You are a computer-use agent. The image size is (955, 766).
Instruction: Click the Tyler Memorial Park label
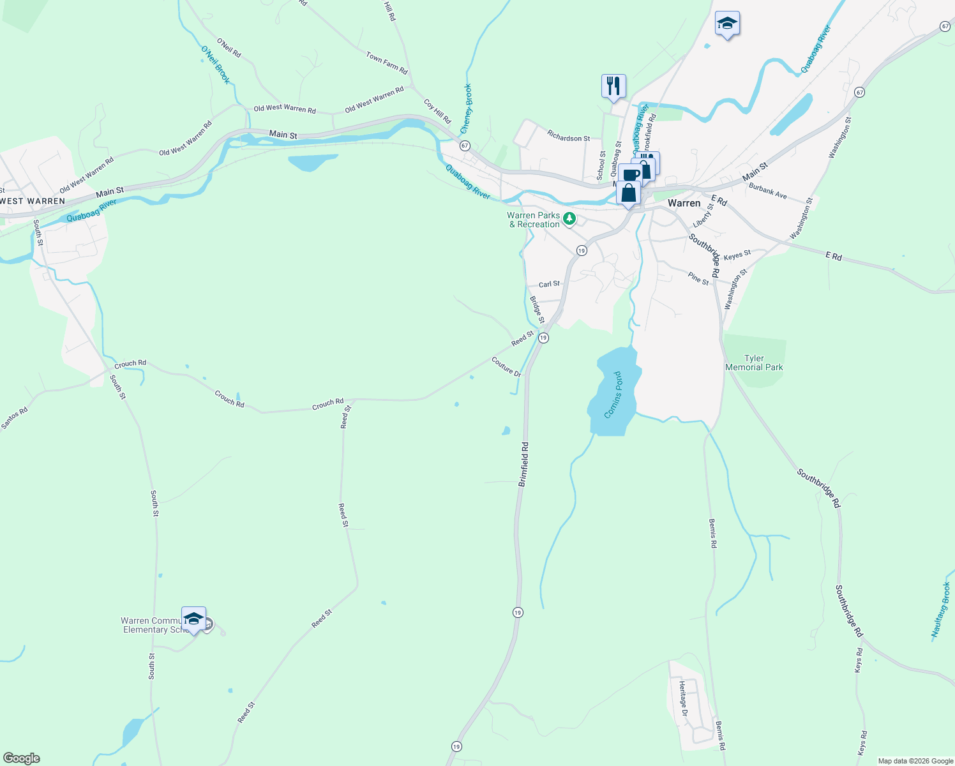pos(754,363)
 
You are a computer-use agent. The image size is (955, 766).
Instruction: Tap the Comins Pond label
pos(613,395)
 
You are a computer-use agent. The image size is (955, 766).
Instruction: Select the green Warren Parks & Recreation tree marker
pos(569,220)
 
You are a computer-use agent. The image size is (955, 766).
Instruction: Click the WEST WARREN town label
pos(33,201)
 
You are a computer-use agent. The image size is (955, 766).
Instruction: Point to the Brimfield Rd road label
pos(524,464)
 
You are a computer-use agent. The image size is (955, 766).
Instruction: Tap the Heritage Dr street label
pos(683,698)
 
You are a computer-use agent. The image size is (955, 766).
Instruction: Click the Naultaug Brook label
pos(941,610)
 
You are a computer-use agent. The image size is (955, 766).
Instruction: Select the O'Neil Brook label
pos(215,64)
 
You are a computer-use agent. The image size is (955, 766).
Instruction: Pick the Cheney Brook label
pos(467,109)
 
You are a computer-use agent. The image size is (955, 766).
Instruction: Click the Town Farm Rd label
pos(387,63)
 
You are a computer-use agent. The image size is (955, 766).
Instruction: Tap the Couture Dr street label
pos(506,366)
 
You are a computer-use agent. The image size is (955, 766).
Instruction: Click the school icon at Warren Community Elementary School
pos(193,618)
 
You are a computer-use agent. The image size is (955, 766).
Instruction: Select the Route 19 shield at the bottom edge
pos(456,746)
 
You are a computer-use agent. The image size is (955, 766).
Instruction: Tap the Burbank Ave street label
pos(768,191)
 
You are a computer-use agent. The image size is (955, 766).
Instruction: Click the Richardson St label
pos(569,137)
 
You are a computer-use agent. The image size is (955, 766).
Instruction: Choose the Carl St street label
pos(549,284)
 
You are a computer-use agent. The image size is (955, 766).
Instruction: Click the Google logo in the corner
pos(22,758)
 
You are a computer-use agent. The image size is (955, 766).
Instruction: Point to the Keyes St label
pos(737,255)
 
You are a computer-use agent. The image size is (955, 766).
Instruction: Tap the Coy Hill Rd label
pos(437,111)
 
